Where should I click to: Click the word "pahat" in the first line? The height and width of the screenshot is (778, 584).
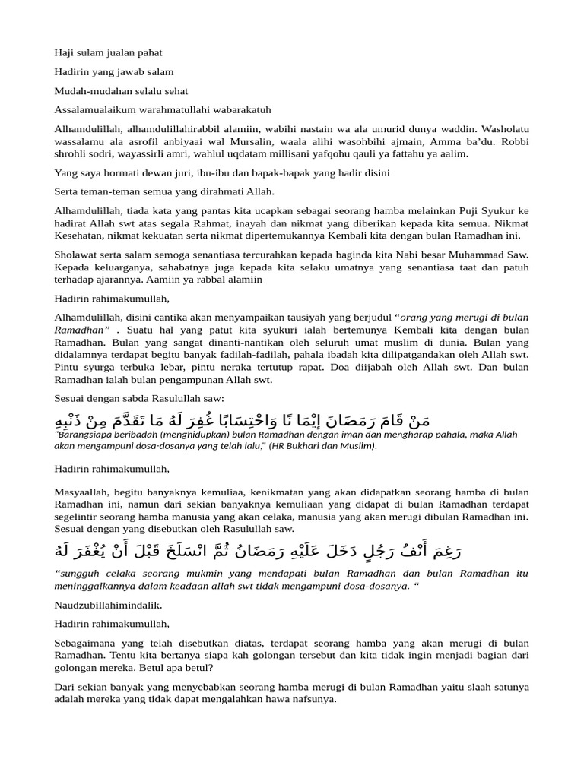click(149, 53)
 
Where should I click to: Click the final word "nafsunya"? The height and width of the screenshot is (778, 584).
click(313, 699)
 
